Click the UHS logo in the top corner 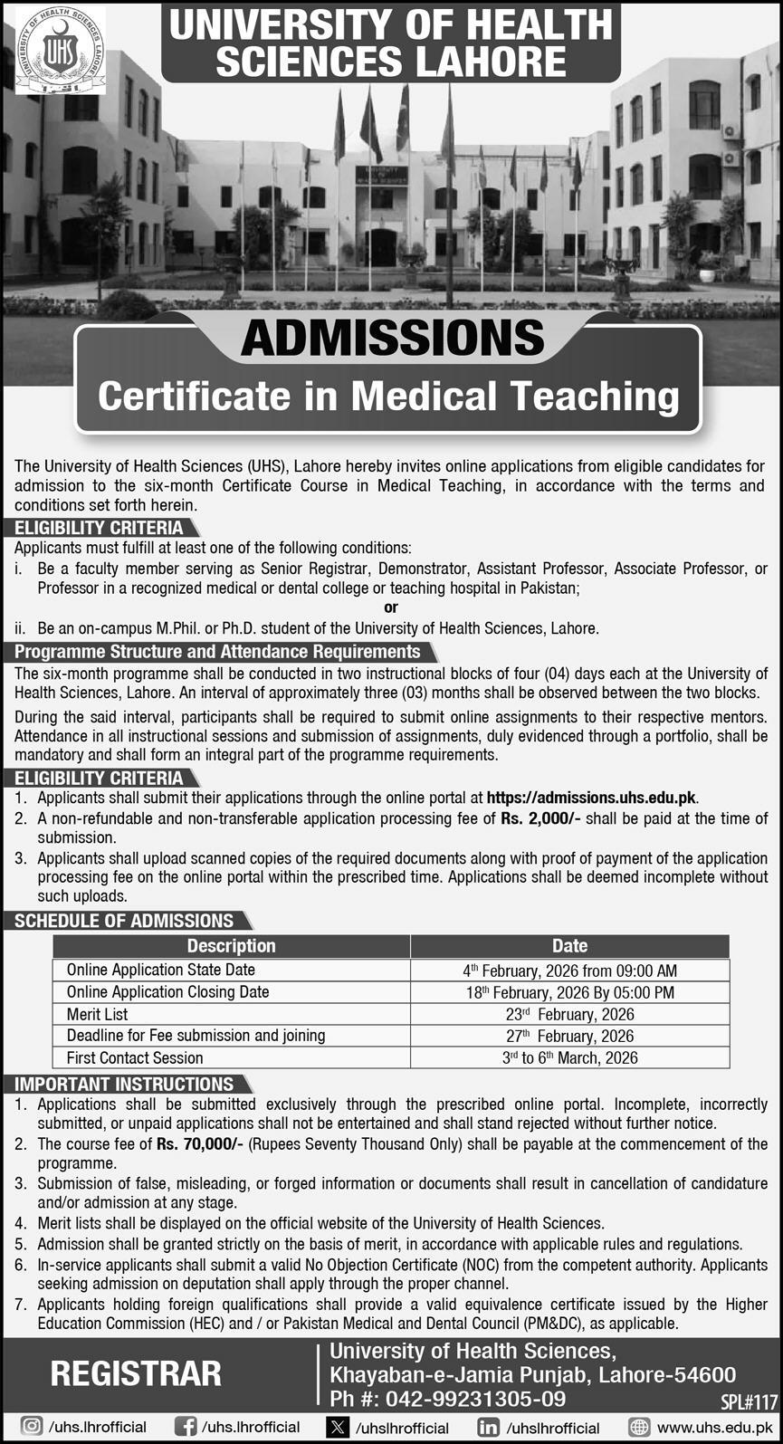[61, 50]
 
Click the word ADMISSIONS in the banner [392, 339]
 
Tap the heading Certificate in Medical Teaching [388, 396]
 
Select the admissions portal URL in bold [592, 798]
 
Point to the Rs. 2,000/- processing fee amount [540, 818]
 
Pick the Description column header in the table [231, 946]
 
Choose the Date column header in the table [569, 946]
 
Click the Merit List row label [97, 1014]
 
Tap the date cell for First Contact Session [569, 1057]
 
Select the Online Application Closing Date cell [167, 991]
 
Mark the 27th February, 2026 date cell [569, 1036]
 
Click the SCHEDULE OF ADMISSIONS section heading [124, 921]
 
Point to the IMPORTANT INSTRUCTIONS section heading [124, 1084]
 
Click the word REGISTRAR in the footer [136, 1373]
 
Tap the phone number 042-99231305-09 [475, 1399]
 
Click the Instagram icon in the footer [31, 1427]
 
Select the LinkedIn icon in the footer [488, 1427]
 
